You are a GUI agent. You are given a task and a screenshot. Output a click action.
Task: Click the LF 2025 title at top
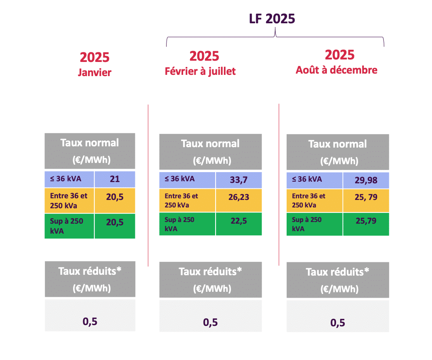[272, 19]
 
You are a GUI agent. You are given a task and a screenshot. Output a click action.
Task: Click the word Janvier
[95, 72]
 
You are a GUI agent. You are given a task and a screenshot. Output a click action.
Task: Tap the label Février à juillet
[200, 71]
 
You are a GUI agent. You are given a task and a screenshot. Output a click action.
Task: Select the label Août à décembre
[336, 70]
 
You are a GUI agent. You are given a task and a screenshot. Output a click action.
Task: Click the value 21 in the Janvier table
[115, 179]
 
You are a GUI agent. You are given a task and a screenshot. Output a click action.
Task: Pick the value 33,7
[239, 180]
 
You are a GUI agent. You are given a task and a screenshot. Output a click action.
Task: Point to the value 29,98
[366, 179]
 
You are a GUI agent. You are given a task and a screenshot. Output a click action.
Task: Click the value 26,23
[239, 197]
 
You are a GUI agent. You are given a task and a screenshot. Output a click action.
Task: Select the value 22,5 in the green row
[239, 221]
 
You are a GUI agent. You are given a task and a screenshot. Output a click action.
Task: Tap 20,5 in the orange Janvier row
[115, 197]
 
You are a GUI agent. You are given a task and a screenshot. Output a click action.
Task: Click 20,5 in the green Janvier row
[115, 222]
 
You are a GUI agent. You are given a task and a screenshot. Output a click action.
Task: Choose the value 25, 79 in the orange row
[366, 197]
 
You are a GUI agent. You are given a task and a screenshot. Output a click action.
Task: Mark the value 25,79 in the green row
[366, 221]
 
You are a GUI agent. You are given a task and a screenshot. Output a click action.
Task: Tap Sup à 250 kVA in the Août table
[307, 224]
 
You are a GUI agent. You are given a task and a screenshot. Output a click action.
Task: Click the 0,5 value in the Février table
[210, 322]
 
